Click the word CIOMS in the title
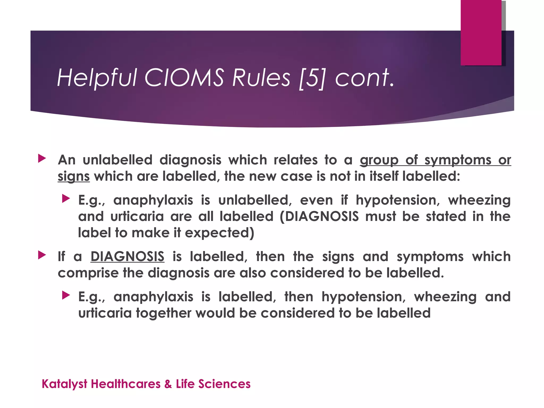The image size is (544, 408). tap(184, 78)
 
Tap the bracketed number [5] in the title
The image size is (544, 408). tap(312, 78)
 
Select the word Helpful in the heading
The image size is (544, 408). tap(97, 78)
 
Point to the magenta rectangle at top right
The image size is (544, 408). tap(481, 32)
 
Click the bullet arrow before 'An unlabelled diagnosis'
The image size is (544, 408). tap(42, 159)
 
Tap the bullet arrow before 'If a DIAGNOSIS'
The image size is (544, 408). tap(42, 255)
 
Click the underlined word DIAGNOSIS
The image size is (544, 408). tap(127, 257)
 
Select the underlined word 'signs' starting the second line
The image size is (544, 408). tap(74, 176)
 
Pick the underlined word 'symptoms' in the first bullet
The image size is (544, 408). tap(458, 160)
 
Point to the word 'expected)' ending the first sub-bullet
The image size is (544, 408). tap(219, 233)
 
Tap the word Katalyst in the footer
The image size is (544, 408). tap(65, 384)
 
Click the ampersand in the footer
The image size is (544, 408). tap(168, 384)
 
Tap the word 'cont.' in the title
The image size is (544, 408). tap(364, 78)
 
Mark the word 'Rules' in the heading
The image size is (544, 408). tap(261, 78)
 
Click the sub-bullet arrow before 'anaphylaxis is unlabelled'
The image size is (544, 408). tap(66, 198)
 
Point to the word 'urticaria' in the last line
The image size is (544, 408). tap(105, 313)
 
